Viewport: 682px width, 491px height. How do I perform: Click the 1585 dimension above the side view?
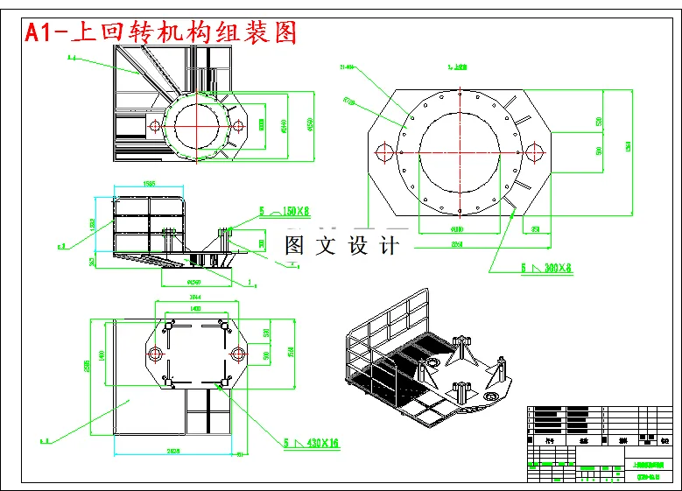(x=149, y=184)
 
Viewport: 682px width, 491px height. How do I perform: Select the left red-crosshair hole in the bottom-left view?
(x=156, y=354)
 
